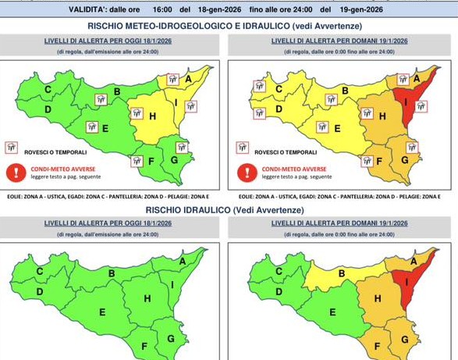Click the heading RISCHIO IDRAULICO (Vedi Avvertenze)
click(225, 210)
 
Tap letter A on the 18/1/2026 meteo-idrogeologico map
click(188, 79)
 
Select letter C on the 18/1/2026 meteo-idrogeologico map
click(48, 90)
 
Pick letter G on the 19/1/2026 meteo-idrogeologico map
click(406, 159)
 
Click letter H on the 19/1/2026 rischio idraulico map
click(378, 298)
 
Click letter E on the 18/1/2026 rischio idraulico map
click(102, 312)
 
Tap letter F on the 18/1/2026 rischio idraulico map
click(144, 344)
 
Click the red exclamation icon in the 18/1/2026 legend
click(12, 171)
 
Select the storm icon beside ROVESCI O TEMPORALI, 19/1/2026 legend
click(243, 148)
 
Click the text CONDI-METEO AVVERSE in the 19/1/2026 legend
click(293, 168)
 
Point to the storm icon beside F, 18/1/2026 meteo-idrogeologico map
click(137, 161)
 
